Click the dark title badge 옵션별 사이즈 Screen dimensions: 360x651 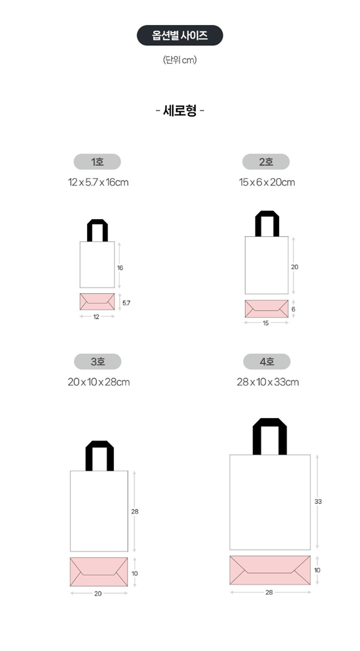[180, 35]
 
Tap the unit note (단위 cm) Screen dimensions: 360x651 [180, 60]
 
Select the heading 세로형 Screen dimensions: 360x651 [180, 110]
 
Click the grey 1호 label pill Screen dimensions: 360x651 [97, 162]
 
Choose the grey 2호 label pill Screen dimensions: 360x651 [266, 162]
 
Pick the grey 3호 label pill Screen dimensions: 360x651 [98, 361]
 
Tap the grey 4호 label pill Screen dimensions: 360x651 [267, 361]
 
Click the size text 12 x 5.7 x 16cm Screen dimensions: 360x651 [98, 182]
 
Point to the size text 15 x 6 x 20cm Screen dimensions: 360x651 [267, 182]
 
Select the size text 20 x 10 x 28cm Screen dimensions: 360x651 [99, 382]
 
